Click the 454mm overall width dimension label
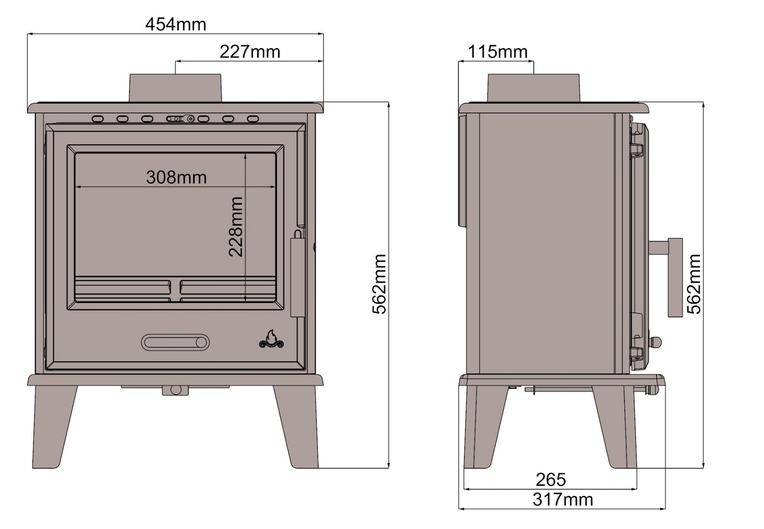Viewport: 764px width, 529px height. coord(176,24)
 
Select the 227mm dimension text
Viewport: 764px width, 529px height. coord(250,52)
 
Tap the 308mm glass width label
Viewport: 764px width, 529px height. coord(176,177)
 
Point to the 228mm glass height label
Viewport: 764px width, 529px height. coord(236,227)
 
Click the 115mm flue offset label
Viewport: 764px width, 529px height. coord(498,52)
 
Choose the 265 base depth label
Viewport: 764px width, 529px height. coord(550,479)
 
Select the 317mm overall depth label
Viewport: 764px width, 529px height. coord(563,499)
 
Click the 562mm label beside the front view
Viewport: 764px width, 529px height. coord(380,284)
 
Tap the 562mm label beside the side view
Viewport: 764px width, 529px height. coord(694,284)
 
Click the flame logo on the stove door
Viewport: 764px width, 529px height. coord(271,340)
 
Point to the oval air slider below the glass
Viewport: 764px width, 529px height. coord(175,342)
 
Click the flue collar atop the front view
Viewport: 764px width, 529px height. coord(175,87)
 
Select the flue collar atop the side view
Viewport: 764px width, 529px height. coord(533,88)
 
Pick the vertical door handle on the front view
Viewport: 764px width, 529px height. coord(297,277)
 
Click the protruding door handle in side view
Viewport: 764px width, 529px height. coord(675,277)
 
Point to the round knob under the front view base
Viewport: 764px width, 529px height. coord(176,390)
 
